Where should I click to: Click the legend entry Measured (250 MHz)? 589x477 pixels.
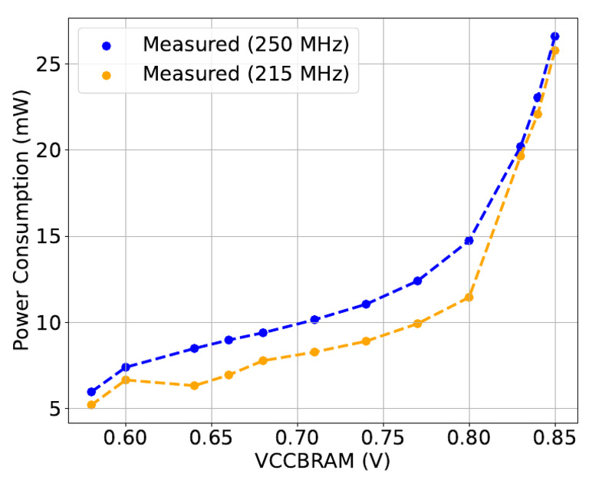pos(245,45)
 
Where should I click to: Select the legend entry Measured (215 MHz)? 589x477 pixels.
pos(245,75)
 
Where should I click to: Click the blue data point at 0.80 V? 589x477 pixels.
pos(469,241)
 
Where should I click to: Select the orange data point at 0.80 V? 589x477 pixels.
pos(469,298)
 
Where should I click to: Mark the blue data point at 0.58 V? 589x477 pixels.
pos(91,392)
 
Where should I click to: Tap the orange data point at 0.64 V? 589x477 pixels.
pos(194,386)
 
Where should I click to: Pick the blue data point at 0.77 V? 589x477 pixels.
pos(417,281)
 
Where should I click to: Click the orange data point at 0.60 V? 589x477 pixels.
pos(126,380)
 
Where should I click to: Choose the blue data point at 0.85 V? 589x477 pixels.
pos(555,36)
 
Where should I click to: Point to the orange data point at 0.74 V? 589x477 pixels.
pos(366,341)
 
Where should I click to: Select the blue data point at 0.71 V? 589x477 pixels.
pos(314,319)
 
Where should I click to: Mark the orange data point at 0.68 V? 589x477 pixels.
pos(263,360)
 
